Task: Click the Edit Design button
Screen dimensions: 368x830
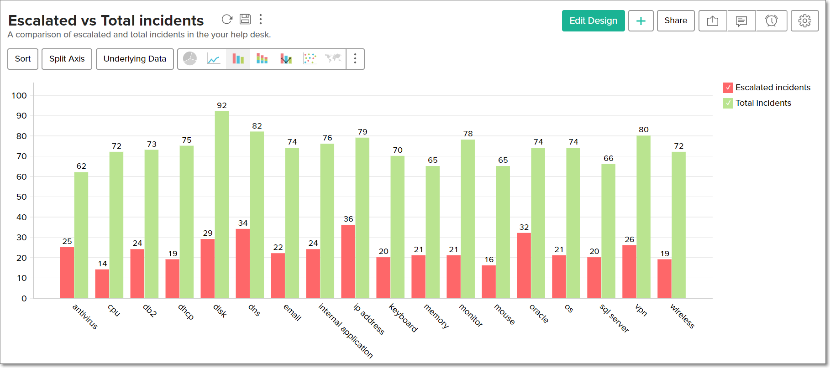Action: [x=593, y=21]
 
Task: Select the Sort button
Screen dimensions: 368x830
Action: [x=23, y=59]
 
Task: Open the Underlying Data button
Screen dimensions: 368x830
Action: [x=135, y=59]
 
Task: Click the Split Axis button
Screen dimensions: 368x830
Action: [x=67, y=59]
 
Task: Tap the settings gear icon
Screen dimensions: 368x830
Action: [x=804, y=21]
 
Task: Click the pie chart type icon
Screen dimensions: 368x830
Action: [x=190, y=59]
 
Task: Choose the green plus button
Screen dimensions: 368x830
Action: [x=641, y=21]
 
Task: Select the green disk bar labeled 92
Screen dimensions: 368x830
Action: [x=222, y=205]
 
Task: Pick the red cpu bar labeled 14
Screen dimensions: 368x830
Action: [x=102, y=284]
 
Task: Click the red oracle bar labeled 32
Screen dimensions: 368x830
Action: [x=524, y=265]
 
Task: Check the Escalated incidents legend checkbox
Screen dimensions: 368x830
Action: [x=728, y=88]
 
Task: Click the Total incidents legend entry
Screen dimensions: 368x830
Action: [x=763, y=103]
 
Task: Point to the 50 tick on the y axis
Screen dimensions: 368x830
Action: [x=21, y=197]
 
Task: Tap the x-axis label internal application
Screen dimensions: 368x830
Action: [x=346, y=331]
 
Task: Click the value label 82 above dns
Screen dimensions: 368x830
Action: [x=257, y=126]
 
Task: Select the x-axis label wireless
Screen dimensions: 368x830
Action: [x=682, y=316]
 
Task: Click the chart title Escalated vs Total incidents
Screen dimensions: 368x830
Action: [x=106, y=21]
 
